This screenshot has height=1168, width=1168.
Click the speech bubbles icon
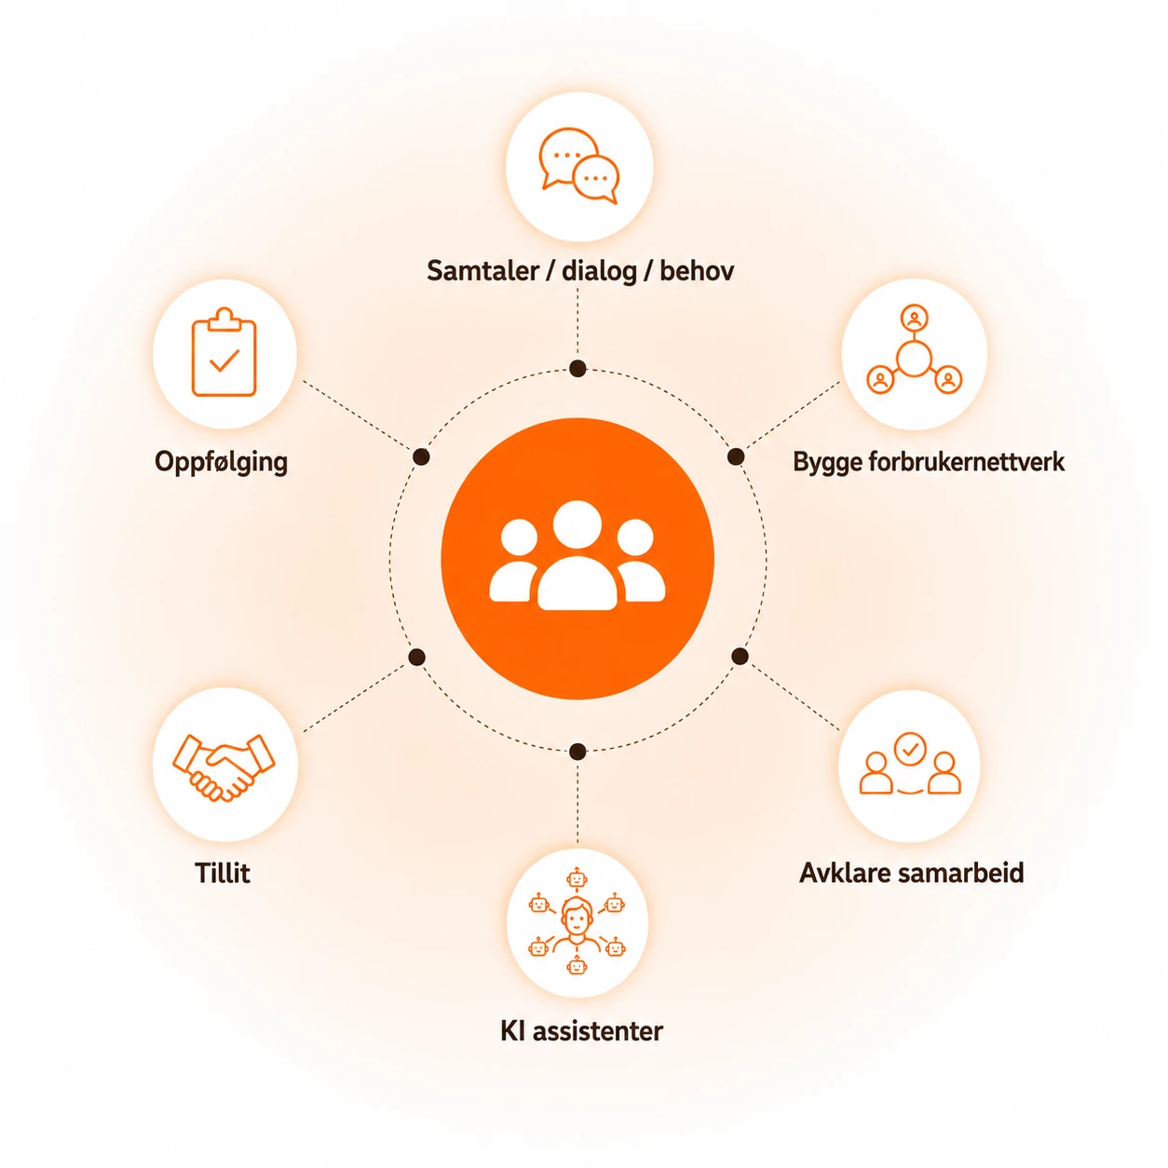point(578,166)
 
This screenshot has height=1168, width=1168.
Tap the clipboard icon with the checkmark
point(224,352)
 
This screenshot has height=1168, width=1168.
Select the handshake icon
point(224,767)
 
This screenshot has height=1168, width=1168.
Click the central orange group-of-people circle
point(577,558)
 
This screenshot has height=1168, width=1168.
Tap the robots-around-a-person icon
point(577,922)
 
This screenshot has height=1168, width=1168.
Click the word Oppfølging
point(222,463)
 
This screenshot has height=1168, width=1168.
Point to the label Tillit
point(223,873)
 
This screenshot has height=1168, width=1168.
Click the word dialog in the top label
point(599,272)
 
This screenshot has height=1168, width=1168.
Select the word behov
point(697,270)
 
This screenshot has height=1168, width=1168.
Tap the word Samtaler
point(482,270)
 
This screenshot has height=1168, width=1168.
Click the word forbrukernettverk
point(966,462)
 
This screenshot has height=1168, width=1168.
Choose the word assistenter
point(598,1031)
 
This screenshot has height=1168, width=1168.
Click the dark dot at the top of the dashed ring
point(577,368)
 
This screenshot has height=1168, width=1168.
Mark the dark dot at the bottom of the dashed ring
point(577,753)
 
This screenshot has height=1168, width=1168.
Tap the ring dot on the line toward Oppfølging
point(421,457)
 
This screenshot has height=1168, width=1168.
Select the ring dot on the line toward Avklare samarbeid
point(740,656)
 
